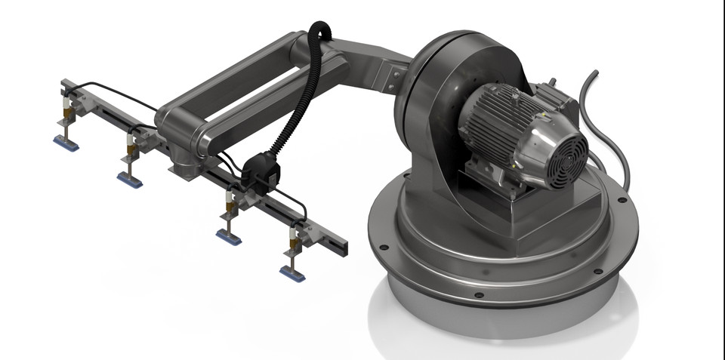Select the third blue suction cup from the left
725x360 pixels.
tap(229, 236)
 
